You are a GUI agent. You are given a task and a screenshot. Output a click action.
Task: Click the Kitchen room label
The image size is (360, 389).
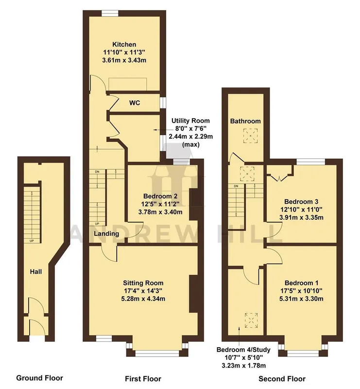124,44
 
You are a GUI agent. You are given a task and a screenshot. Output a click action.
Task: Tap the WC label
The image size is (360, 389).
135,103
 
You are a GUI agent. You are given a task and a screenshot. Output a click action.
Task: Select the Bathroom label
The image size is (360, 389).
245,121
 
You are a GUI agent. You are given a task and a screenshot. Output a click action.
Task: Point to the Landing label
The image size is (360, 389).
106,234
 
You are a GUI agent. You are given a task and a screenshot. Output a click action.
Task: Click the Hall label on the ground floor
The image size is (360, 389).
35,272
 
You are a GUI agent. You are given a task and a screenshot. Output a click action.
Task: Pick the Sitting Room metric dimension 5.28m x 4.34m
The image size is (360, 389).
143,299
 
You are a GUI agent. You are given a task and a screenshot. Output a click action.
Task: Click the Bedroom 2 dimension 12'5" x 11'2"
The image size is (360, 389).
160,204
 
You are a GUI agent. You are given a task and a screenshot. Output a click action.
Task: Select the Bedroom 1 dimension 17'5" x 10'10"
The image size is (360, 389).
301,291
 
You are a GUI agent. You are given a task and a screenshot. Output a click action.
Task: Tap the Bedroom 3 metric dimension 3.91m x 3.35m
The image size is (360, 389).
301,217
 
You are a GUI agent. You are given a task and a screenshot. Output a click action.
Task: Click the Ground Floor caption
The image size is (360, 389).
39,378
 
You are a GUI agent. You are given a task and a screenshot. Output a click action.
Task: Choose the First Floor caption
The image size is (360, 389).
143,379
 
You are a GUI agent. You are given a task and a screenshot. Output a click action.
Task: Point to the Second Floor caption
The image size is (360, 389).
282,379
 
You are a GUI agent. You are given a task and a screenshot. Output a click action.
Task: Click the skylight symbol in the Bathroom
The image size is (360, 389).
250,136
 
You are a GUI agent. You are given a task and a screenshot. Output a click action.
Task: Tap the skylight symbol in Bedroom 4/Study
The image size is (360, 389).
252,320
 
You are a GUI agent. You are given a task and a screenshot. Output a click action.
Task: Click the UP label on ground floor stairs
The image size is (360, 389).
32,241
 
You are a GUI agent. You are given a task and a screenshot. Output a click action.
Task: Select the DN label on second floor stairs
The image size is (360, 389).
236,186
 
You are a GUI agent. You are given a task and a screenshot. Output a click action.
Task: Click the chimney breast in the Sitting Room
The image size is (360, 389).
193,294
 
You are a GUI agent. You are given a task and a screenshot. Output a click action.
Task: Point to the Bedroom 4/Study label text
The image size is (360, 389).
243,350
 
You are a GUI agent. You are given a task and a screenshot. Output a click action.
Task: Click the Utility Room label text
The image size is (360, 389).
190,121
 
